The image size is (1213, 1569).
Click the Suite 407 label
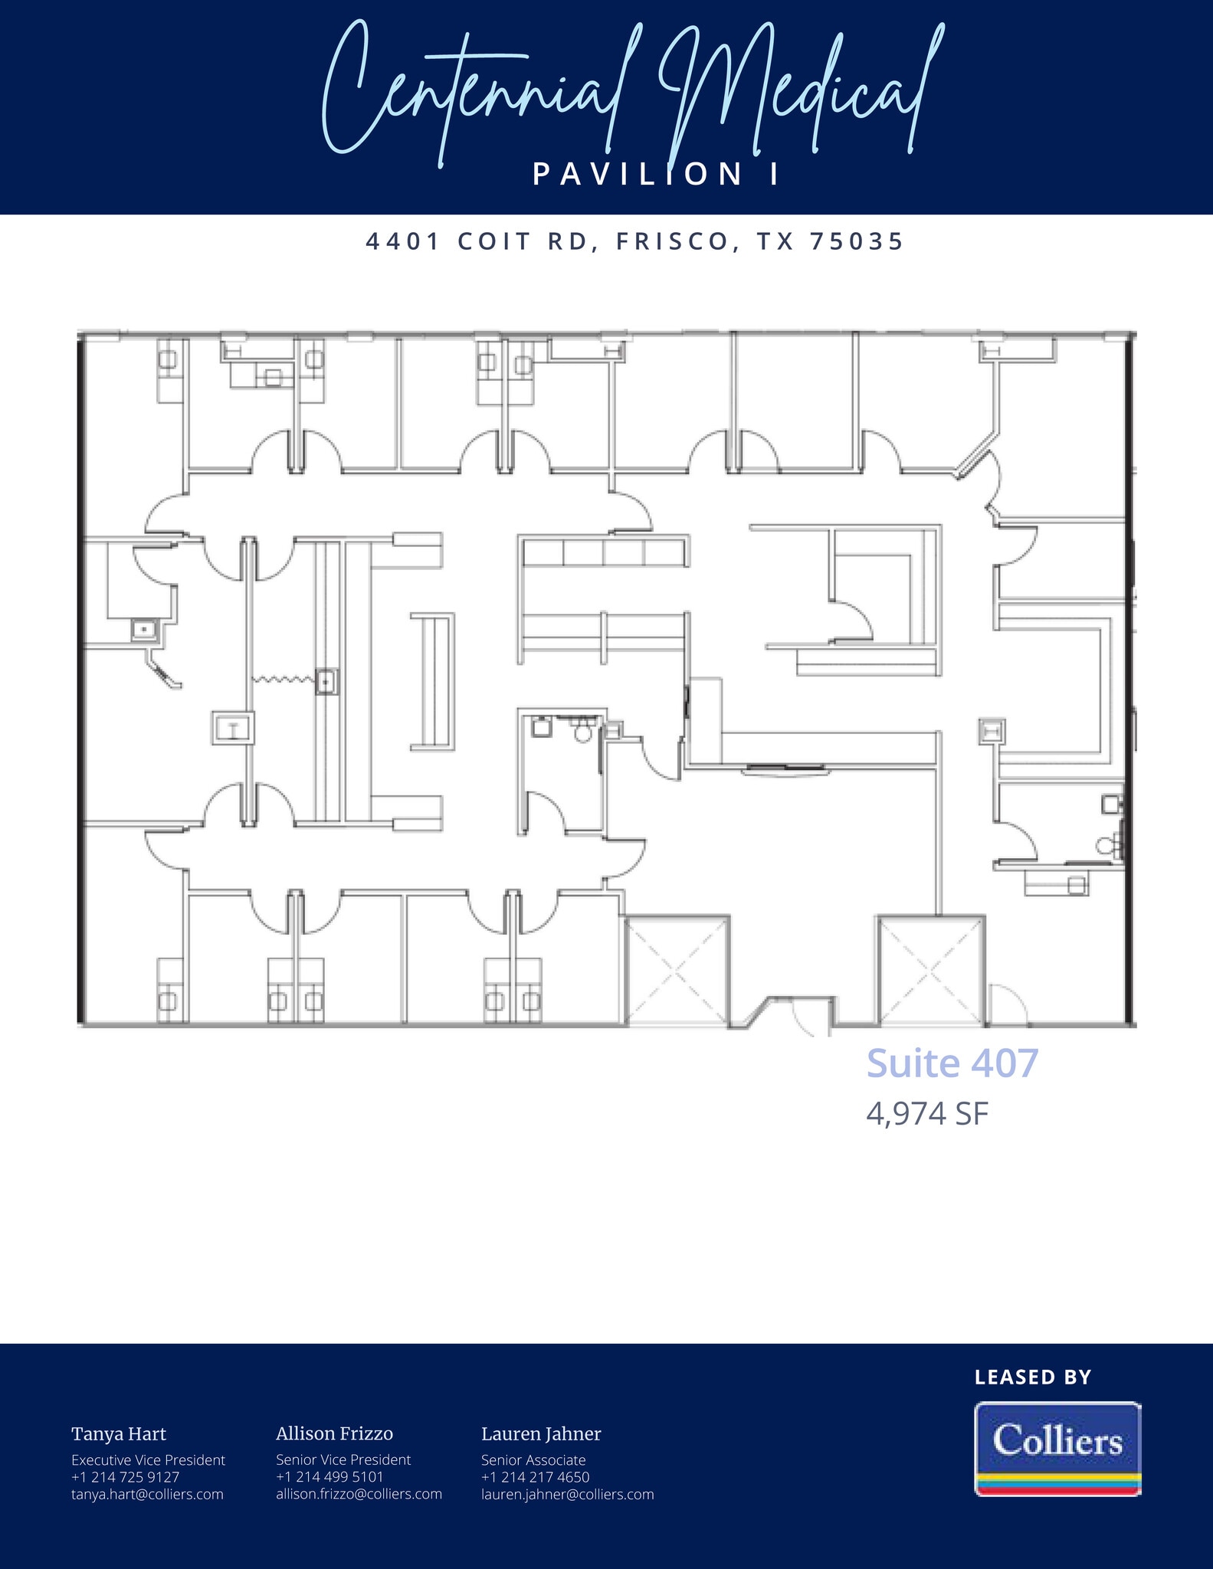[x=952, y=1063]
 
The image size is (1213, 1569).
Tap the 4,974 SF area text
[x=927, y=1114]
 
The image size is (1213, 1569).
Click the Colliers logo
[x=1057, y=1448]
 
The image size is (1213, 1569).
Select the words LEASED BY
[x=1032, y=1377]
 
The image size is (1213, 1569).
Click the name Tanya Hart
[x=119, y=1434]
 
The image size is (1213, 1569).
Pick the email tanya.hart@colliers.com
[x=147, y=1494]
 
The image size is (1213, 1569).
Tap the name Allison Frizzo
[x=334, y=1434]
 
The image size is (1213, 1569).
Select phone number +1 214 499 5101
[x=329, y=1476]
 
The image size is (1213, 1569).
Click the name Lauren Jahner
[x=541, y=1434]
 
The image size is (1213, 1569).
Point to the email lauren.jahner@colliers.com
[x=567, y=1494]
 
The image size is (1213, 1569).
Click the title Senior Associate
[x=533, y=1460]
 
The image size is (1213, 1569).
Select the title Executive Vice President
[x=148, y=1460]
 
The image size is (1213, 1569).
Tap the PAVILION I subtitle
[x=656, y=175]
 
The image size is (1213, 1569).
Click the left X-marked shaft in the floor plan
[x=677, y=970]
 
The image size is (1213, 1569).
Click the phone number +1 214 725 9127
[x=125, y=1477]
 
